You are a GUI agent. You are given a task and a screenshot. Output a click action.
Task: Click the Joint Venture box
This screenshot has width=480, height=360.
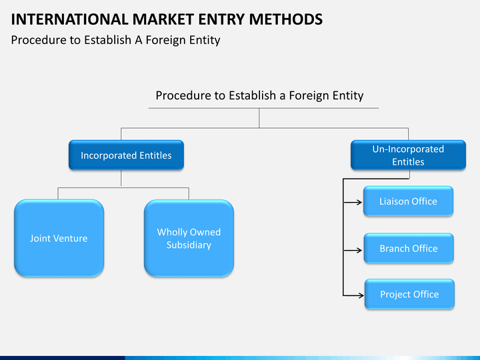pyautogui.click(x=59, y=238)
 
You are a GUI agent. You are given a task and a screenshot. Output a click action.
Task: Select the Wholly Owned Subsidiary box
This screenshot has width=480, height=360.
pyautogui.click(x=189, y=238)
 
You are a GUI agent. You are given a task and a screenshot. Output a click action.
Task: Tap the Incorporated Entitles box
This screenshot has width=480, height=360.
pyautogui.click(x=126, y=155)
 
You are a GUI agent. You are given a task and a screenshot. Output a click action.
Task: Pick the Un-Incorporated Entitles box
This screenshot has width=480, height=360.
pyautogui.click(x=408, y=155)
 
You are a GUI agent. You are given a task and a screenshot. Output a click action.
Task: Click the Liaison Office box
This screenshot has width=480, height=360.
pyautogui.click(x=409, y=201)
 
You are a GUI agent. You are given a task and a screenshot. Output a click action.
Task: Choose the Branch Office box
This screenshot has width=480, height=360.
pyautogui.click(x=409, y=249)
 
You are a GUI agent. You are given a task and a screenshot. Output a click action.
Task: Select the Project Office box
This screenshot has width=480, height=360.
pyautogui.click(x=409, y=294)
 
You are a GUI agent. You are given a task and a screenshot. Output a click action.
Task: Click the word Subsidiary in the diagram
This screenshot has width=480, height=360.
pyautogui.click(x=189, y=245)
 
